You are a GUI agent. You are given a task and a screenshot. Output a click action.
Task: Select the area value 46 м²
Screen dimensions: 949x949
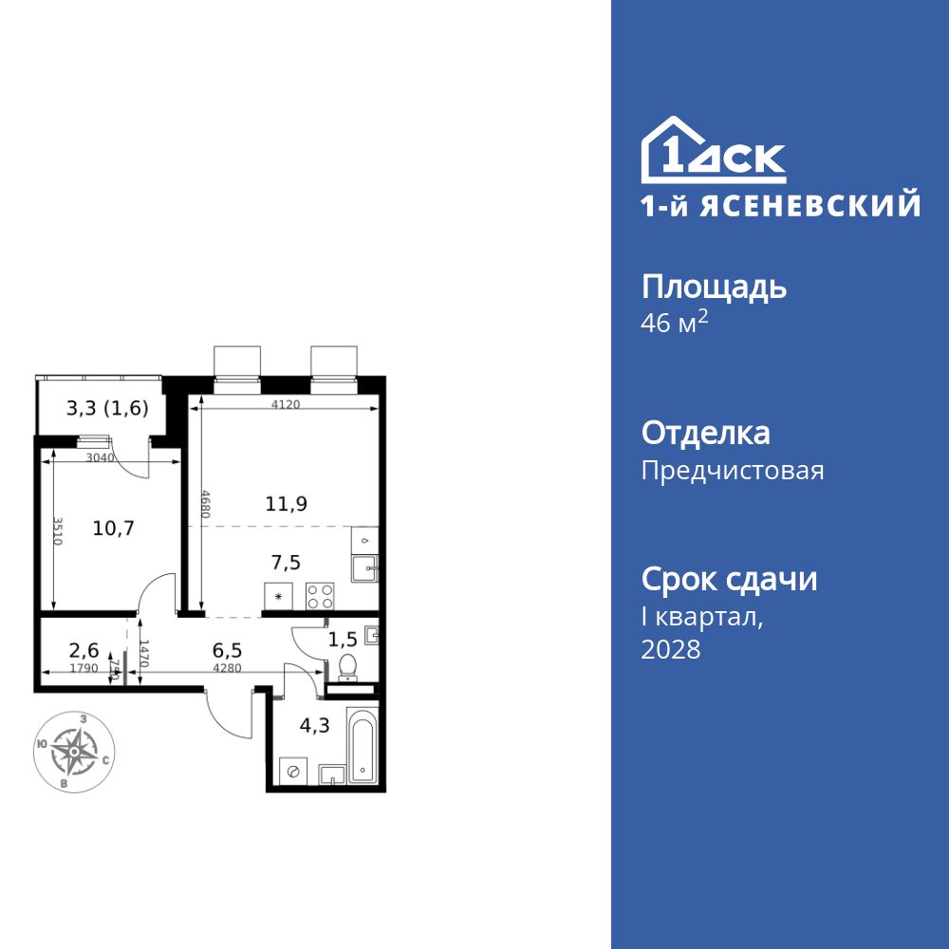675,323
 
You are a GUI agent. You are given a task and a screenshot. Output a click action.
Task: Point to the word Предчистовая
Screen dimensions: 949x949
733,471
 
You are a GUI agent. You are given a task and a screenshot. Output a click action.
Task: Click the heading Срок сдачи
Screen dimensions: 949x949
729,579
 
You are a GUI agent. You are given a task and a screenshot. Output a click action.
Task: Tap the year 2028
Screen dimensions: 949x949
671,650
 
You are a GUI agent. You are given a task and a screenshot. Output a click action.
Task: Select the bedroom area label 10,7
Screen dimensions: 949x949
113,529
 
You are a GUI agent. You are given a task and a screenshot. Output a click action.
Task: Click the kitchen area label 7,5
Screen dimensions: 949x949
285,563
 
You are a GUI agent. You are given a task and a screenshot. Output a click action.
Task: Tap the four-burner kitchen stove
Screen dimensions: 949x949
320,596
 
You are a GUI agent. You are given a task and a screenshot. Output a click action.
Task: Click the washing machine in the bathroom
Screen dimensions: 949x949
293,772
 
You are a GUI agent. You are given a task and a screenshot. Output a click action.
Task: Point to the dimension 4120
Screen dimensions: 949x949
286,404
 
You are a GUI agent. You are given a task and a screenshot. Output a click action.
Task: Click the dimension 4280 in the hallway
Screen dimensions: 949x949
230,669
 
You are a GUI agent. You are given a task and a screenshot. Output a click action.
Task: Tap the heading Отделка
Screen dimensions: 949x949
705,434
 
